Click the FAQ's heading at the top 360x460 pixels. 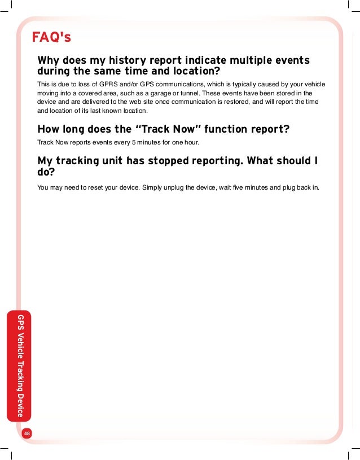point(51,37)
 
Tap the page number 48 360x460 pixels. point(27,433)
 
